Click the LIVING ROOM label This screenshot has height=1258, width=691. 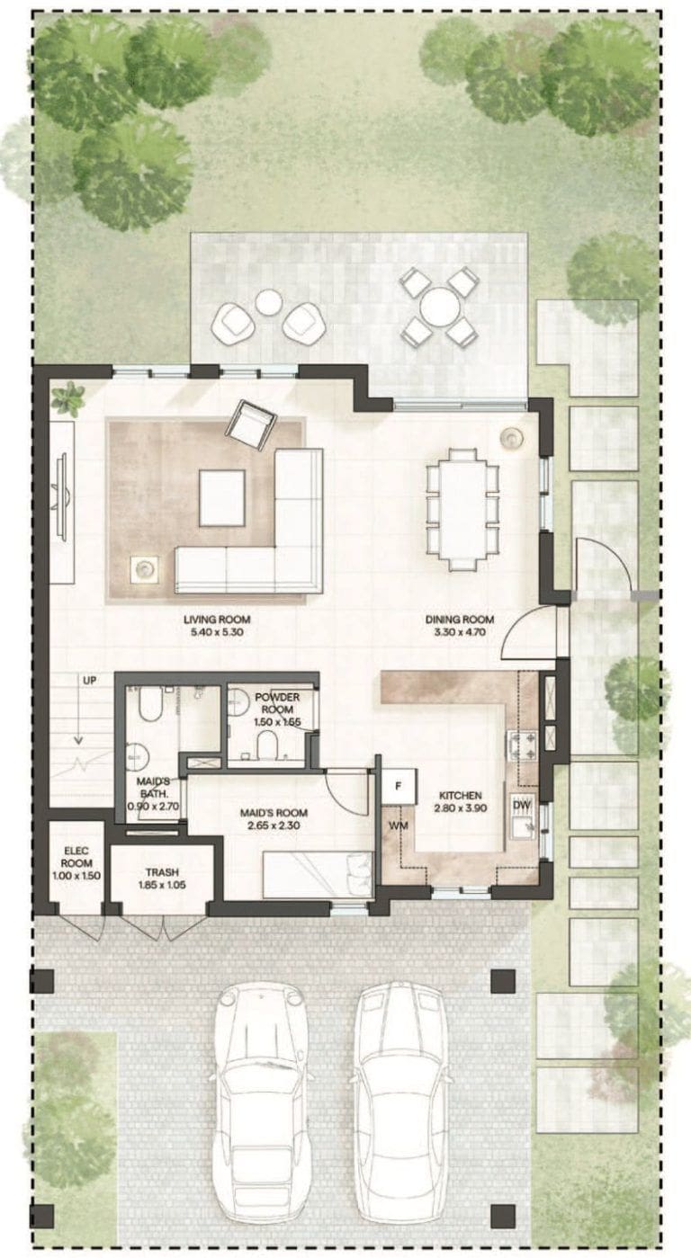tap(217, 620)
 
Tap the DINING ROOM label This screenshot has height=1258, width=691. tap(460, 620)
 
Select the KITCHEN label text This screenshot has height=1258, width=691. tap(460, 796)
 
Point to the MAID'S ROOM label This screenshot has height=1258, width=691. tap(274, 813)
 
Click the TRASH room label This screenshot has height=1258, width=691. tap(162, 872)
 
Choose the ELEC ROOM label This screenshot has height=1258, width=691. tap(76, 858)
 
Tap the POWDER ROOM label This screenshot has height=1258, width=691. tap(277, 702)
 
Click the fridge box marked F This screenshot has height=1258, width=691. tap(399, 786)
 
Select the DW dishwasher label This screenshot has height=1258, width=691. tap(522, 806)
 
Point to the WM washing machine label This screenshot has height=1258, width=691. tap(399, 826)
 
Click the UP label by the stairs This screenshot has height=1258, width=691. tap(90, 681)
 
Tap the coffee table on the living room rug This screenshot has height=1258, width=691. tap(222, 498)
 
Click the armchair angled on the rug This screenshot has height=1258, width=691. tap(251, 424)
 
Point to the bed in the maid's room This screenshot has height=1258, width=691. tap(318, 874)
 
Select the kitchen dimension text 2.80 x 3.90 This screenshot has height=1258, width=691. tap(460, 808)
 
